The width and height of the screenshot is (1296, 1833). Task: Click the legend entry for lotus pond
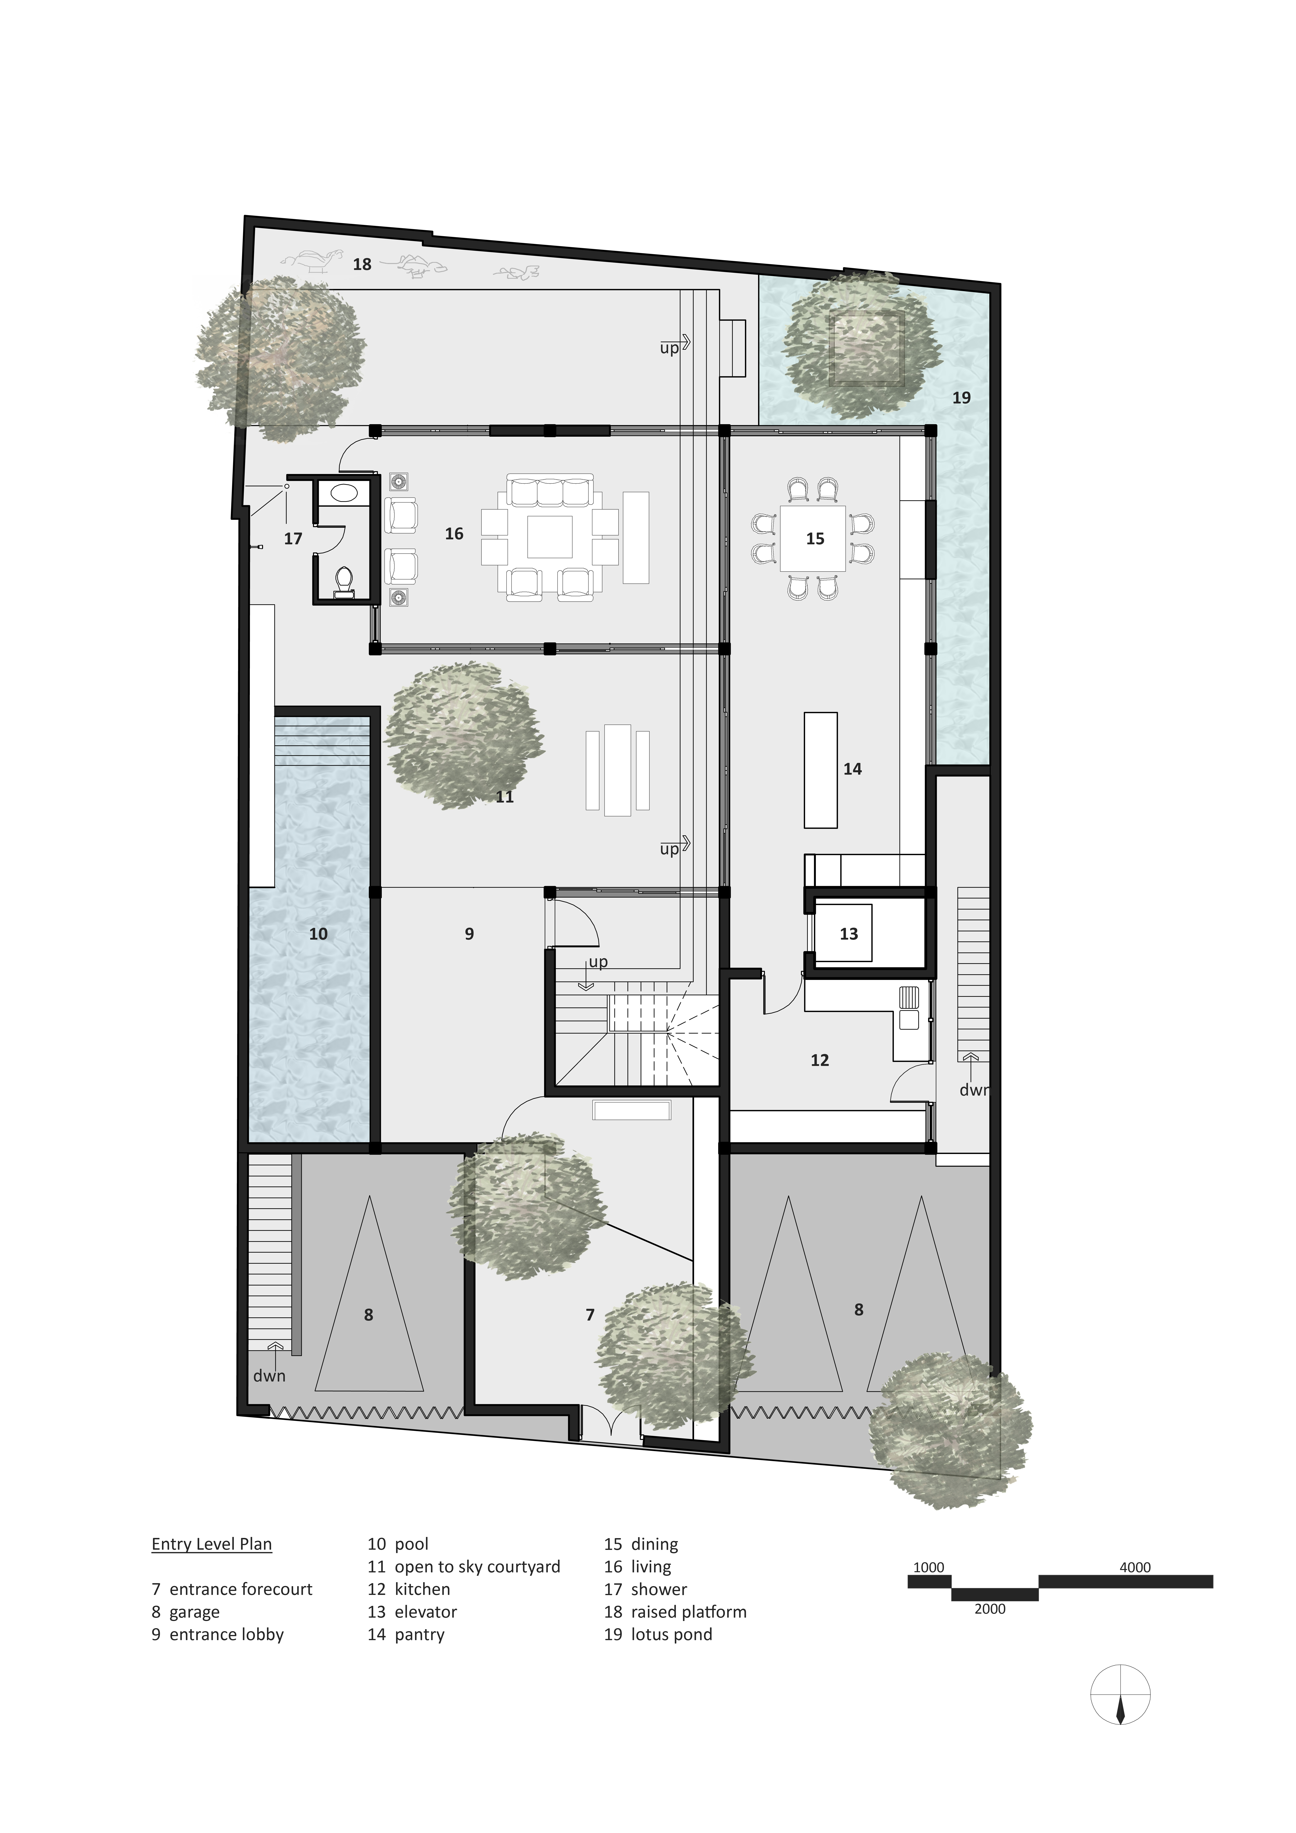[x=658, y=1634]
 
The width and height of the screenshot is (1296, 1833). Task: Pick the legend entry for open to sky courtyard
[x=464, y=1566]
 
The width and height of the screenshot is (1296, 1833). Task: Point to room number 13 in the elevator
[x=848, y=933]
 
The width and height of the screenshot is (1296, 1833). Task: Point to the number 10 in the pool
[x=318, y=933]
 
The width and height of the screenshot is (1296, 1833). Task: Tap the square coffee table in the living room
[x=549, y=537]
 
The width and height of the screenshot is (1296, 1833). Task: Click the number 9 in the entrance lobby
[x=470, y=933]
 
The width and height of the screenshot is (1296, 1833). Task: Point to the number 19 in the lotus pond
[x=961, y=397]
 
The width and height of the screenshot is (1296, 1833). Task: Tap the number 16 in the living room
[x=454, y=533]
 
